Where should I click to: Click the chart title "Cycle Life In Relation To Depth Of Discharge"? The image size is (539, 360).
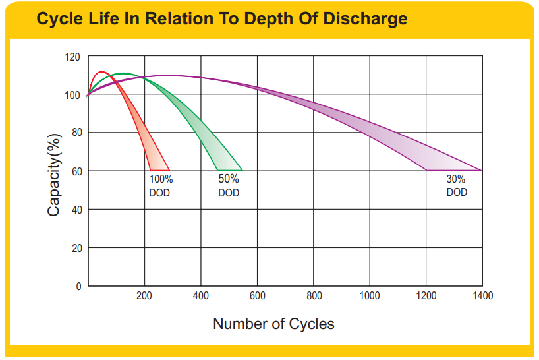(x=221, y=18)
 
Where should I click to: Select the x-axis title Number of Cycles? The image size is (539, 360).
(x=273, y=324)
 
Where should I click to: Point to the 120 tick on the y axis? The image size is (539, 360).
(x=73, y=57)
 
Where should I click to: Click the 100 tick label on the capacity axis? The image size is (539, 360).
(x=73, y=96)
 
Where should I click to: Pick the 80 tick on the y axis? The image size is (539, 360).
(x=75, y=133)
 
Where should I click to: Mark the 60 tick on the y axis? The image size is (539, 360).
(x=75, y=171)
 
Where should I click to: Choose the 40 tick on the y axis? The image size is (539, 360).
(x=75, y=210)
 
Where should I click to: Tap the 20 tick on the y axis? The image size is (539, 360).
(x=75, y=248)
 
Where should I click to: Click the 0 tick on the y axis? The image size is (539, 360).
(x=78, y=286)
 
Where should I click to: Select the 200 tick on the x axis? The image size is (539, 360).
(x=144, y=296)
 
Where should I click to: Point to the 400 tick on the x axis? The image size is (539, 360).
(x=201, y=296)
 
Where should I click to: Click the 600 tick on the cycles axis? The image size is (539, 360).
(x=258, y=296)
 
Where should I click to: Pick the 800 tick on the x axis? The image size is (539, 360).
(x=314, y=296)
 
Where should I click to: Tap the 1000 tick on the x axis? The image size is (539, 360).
(x=370, y=296)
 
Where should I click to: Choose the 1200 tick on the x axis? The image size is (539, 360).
(x=426, y=296)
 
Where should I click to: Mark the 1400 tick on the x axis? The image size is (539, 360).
(x=482, y=296)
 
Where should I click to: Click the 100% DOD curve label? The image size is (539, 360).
(x=160, y=186)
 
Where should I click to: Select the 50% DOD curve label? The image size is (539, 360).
(x=229, y=186)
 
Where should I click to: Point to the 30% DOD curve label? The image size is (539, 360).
(x=457, y=185)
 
